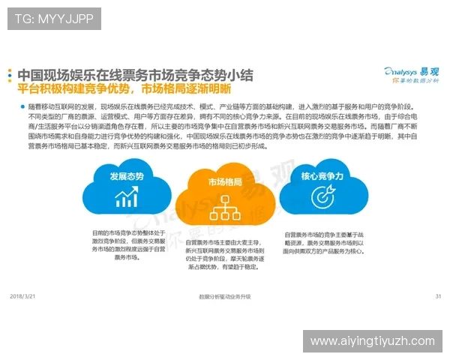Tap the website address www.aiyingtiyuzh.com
point(372,341)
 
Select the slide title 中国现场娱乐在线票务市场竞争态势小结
point(135,75)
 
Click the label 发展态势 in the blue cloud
point(126,178)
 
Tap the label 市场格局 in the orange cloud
point(225,182)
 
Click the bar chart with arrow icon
point(126,198)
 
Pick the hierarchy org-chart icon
point(225,205)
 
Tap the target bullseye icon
point(322,198)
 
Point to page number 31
point(438,296)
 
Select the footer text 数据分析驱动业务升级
point(224,297)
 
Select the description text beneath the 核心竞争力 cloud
point(323,243)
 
